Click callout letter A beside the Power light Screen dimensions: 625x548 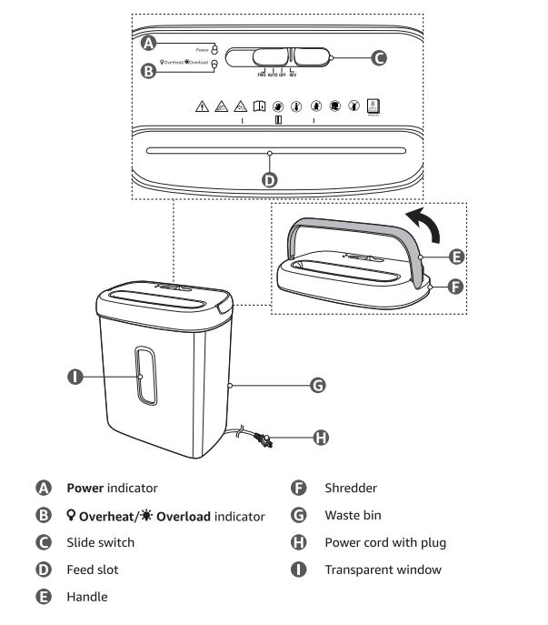148,42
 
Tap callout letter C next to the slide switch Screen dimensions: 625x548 379,58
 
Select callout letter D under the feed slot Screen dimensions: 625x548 270,179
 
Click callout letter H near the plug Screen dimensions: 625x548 320,438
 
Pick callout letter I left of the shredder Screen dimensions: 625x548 76,375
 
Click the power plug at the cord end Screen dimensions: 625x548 266,444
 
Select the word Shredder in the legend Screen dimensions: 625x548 351,489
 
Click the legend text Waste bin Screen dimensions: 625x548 353,516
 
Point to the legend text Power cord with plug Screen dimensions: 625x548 385,543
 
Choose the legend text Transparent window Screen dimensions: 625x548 383,570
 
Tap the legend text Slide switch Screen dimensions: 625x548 100,543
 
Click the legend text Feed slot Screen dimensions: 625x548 92,570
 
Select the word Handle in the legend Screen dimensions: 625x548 86,598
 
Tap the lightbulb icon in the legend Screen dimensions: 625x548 72,516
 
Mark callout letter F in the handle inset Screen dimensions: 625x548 457,286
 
